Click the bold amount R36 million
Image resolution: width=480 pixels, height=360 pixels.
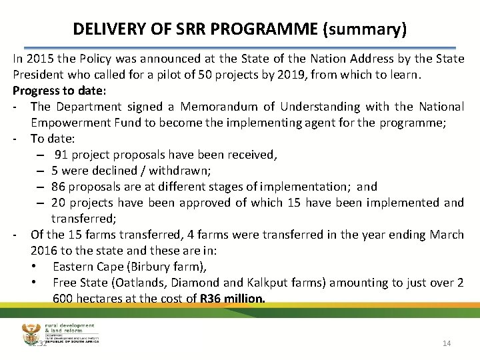click(232, 298)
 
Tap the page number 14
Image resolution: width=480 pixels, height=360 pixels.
click(447, 343)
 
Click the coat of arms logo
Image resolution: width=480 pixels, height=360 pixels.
click(33, 333)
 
